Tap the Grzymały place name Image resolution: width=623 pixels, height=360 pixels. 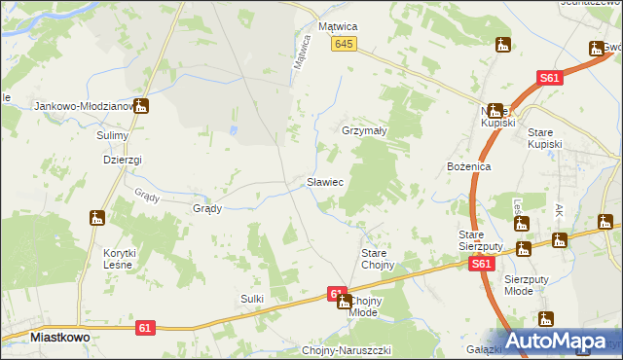tap(365, 130)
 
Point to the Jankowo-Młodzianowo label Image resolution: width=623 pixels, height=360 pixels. tap(83, 106)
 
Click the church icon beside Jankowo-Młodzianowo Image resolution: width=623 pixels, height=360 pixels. tap(141, 106)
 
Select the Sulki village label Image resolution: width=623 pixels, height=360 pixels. tap(252, 299)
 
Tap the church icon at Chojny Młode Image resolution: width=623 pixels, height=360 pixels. tap(344, 303)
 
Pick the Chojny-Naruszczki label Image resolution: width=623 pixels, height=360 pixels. tap(347, 350)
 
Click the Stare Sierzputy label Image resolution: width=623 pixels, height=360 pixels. tap(480, 241)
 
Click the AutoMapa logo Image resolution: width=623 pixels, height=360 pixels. tap(560, 342)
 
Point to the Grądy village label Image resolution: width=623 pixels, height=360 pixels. tap(208, 208)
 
